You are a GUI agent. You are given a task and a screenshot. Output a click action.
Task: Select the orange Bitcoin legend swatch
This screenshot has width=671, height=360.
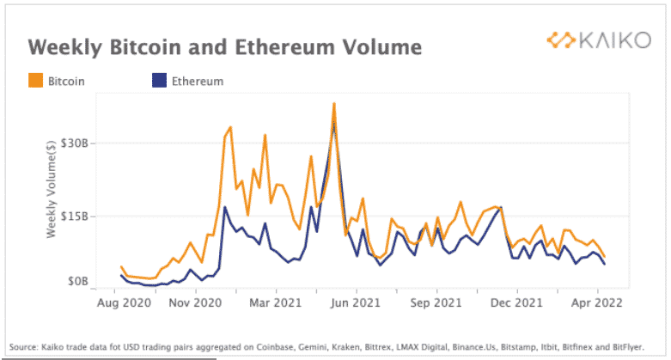35,82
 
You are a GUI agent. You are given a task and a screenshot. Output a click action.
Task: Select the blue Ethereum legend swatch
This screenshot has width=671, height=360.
158,82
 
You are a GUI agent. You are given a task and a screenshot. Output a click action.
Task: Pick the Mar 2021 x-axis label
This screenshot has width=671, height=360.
275,302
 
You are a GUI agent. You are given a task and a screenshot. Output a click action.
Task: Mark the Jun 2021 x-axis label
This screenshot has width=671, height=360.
355,302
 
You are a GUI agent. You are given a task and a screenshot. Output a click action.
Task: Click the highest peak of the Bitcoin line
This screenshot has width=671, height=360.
333,104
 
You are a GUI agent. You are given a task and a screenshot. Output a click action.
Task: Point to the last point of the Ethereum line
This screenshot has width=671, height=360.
604,264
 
